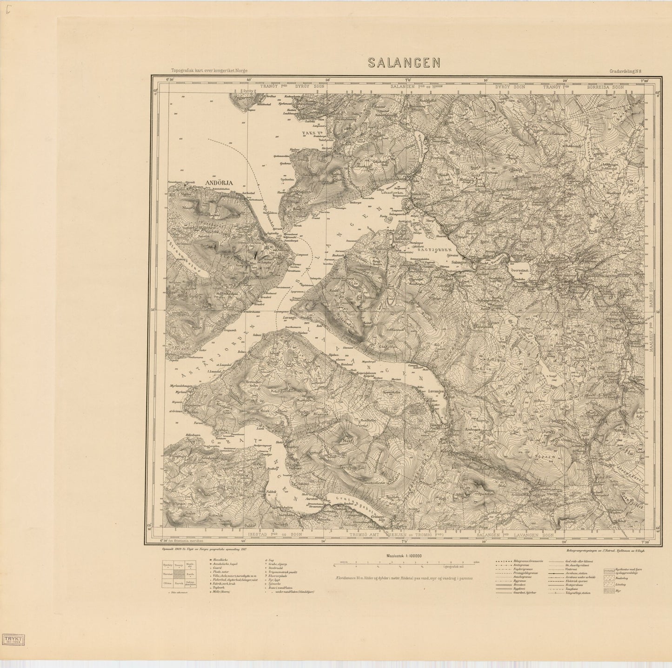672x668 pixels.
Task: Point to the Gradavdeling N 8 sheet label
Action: pyautogui.click(x=627, y=72)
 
